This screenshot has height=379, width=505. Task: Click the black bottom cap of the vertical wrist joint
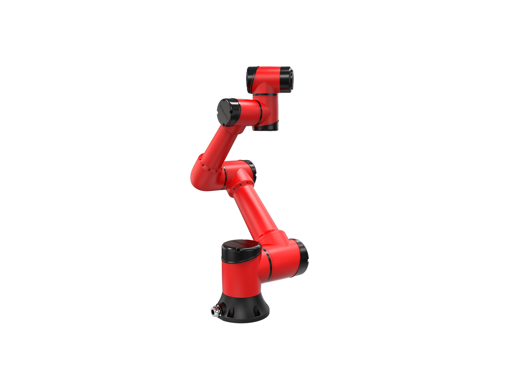click(x=264, y=127)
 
